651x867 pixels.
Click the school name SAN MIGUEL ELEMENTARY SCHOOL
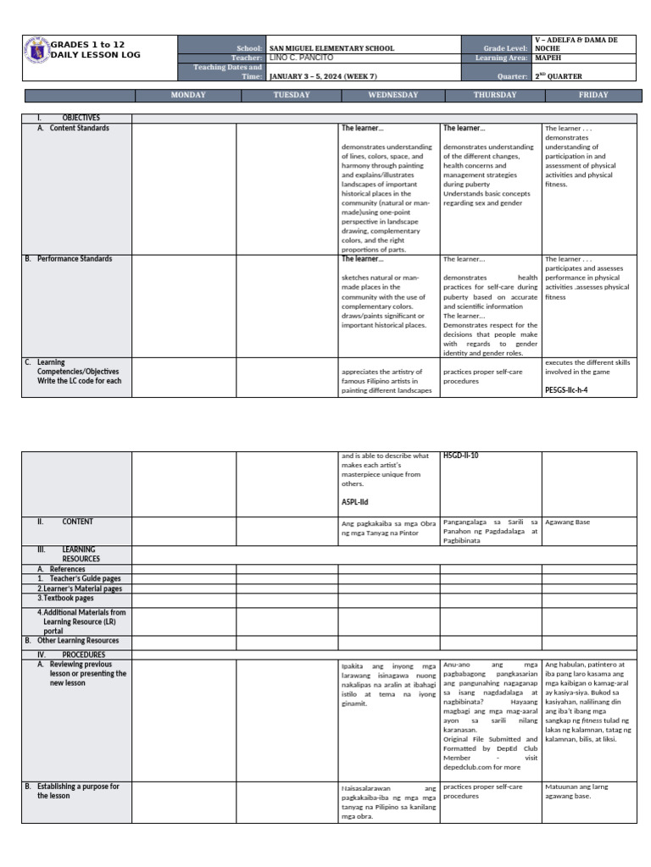331,49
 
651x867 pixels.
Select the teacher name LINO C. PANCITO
301,58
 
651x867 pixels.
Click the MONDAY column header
188,96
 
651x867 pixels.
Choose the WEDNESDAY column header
392,96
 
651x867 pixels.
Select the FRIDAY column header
593,96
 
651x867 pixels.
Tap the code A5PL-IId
355,501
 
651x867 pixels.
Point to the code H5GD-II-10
461,456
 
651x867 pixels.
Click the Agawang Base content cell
567,522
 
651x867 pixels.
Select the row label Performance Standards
74,259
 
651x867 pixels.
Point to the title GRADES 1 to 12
87,44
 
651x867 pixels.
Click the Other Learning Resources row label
77,641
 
